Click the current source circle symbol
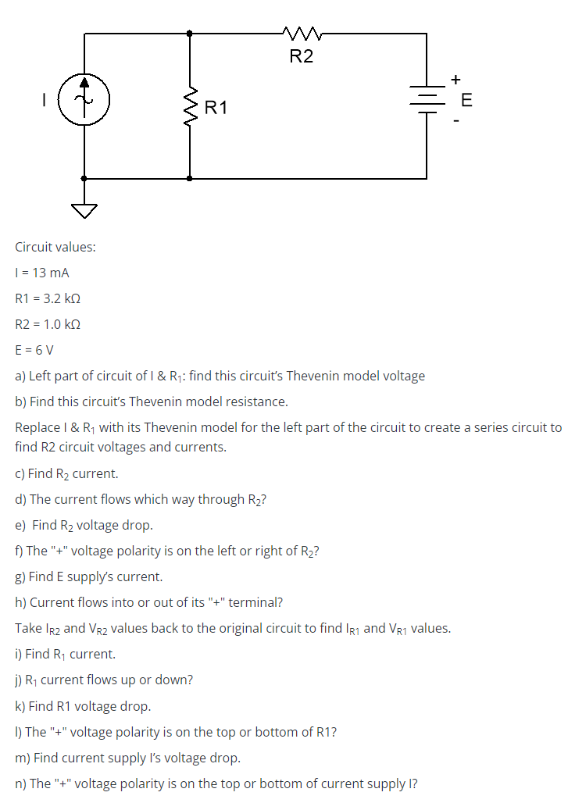(x=84, y=100)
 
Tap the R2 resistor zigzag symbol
(x=301, y=34)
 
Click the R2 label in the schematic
(x=301, y=56)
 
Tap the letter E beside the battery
(x=467, y=100)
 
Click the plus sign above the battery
(x=455, y=79)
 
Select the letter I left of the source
(x=45, y=100)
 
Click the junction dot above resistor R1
(x=190, y=34)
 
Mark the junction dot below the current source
(x=84, y=178)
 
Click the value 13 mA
(x=48, y=273)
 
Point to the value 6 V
(x=46, y=350)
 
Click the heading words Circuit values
(x=55, y=247)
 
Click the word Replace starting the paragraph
(x=38, y=427)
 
